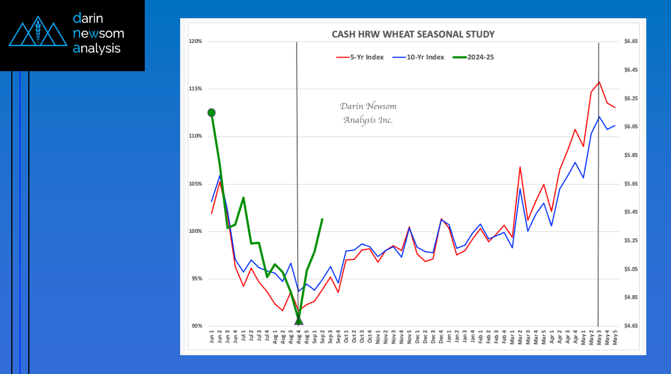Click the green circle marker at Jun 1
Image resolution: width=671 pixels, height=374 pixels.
[x=211, y=112]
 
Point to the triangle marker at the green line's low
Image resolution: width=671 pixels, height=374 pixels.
[x=298, y=320]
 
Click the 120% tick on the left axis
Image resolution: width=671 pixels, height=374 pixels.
[x=195, y=42]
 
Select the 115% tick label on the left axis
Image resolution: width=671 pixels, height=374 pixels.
[x=195, y=89]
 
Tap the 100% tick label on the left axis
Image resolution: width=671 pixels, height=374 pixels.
[x=195, y=231]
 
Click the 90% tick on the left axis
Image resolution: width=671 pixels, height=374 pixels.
[x=196, y=326]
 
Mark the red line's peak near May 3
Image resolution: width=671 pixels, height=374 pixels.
[x=599, y=82]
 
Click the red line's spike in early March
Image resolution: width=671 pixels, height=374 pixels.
[x=520, y=167]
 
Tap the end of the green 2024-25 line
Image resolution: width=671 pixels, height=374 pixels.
[x=322, y=219]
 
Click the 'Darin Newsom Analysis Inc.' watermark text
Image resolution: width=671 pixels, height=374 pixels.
[x=368, y=113]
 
